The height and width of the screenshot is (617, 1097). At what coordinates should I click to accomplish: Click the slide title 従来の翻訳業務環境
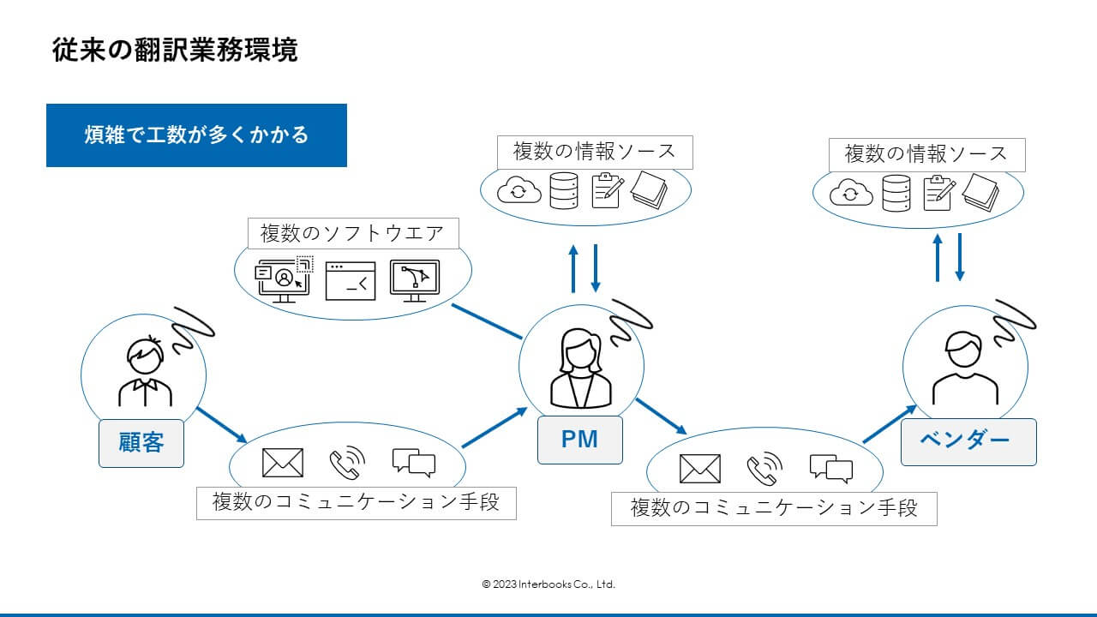175,50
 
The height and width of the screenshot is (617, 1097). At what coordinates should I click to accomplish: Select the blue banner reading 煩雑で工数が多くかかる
196,135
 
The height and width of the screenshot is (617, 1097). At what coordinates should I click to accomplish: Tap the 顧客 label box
141,443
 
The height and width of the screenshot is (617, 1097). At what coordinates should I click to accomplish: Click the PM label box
580,440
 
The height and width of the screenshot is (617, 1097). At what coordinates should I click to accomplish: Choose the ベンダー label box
968,441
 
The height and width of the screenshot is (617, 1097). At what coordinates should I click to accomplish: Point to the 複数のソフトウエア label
353,234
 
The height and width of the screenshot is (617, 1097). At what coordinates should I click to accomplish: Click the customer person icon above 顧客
145,371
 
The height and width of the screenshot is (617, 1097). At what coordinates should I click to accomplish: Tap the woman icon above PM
581,368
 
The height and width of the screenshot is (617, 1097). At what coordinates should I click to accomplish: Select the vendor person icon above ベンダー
965,368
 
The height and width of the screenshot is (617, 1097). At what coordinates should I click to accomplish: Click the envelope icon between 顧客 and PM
283,463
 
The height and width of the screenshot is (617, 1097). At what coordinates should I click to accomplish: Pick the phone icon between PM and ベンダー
764,468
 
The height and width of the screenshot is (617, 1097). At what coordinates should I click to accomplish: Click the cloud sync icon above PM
519,190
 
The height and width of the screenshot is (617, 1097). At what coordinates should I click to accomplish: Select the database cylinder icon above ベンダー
896,194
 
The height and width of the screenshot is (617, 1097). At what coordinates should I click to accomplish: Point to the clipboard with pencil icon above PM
608,190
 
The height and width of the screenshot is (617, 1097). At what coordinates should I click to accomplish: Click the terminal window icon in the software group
351,281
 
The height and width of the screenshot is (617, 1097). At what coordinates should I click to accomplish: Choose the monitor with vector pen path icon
415,281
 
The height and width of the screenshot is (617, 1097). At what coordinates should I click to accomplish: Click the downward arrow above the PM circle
596,268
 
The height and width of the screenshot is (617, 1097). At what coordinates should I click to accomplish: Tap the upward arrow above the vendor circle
938,258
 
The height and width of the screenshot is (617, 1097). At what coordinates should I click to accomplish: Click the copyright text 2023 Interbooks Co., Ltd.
548,584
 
